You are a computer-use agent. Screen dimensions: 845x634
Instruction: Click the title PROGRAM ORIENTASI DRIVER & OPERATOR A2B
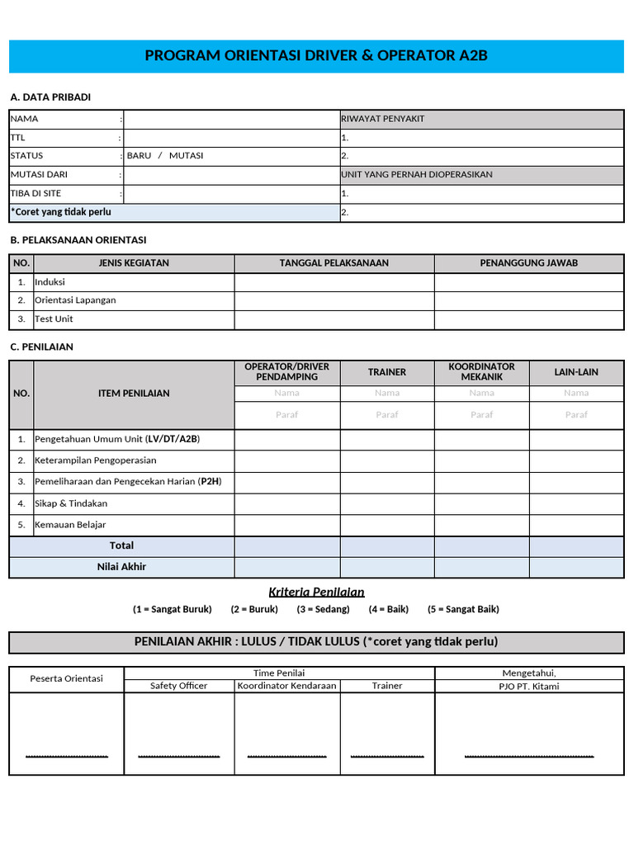[x=317, y=56]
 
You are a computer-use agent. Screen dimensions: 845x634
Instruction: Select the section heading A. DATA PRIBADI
[x=50, y=97]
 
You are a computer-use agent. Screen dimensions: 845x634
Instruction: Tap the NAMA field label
[x=25, y=119]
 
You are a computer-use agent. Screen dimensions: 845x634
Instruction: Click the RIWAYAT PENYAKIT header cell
[x=383, y=119]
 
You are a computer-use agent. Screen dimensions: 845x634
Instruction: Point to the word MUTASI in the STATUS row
[x=186, y=156]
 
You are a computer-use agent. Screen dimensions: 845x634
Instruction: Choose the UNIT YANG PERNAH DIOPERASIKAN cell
[x=417, y=175]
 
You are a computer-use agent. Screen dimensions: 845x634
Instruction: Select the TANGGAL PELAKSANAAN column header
[x=334, y=263]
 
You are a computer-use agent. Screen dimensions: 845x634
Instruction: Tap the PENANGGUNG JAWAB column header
[x=528, y=263]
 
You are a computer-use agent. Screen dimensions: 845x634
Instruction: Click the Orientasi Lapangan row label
[x=75, y=300]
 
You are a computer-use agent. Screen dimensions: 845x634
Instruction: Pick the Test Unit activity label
[x=54, y=319]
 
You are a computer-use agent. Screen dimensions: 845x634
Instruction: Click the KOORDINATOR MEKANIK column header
[x=481, y=371]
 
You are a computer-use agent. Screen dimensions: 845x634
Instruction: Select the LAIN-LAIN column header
[x=576, y=372]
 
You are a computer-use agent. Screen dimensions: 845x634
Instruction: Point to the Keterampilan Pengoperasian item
[x=95, y=460]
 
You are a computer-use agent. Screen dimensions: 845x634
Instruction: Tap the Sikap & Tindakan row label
[x=71, y=503]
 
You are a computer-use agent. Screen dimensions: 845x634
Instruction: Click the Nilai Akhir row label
[x=121, y=567]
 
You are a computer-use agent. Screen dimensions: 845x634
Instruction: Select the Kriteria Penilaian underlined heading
[x=316, y=592]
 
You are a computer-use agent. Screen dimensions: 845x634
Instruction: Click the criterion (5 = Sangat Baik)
[x=463, y=610]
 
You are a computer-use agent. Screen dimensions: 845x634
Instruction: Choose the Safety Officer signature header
[x=178, y=686]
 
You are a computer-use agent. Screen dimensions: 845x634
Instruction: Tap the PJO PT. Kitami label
[x=528, y=687]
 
